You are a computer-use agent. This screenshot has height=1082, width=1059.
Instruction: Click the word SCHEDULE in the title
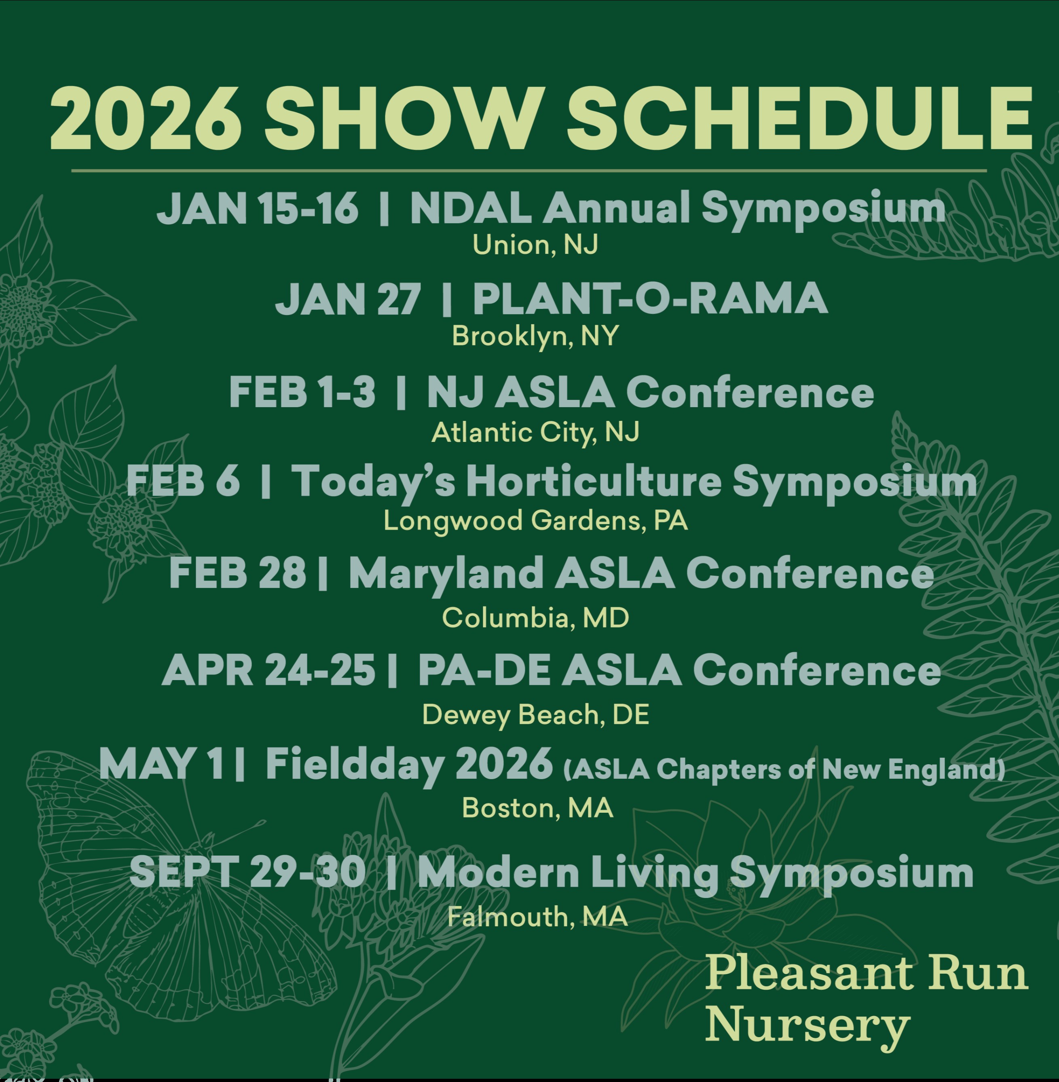799,118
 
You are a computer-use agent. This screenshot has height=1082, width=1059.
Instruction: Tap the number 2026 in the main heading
146,118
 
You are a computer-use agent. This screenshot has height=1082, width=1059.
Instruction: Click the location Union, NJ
535,245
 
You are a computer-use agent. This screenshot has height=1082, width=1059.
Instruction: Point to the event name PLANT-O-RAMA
650,299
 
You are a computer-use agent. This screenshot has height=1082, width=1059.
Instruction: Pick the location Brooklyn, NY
535,336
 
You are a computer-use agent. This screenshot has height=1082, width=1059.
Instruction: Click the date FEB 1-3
302,392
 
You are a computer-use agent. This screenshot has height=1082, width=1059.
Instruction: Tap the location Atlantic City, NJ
535,433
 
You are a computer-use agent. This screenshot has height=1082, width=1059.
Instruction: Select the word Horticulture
594,481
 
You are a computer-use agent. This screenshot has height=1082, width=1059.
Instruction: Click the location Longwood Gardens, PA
535,521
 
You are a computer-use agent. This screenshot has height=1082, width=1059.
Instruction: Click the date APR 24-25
268,670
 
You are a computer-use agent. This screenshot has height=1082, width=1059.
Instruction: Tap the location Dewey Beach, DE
535,715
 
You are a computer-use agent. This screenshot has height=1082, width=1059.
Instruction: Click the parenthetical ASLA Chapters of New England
784,770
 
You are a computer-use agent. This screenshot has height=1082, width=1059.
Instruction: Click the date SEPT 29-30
247,872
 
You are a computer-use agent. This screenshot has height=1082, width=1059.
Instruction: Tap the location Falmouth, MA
537,917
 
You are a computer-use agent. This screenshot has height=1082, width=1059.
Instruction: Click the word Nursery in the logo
807,1025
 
